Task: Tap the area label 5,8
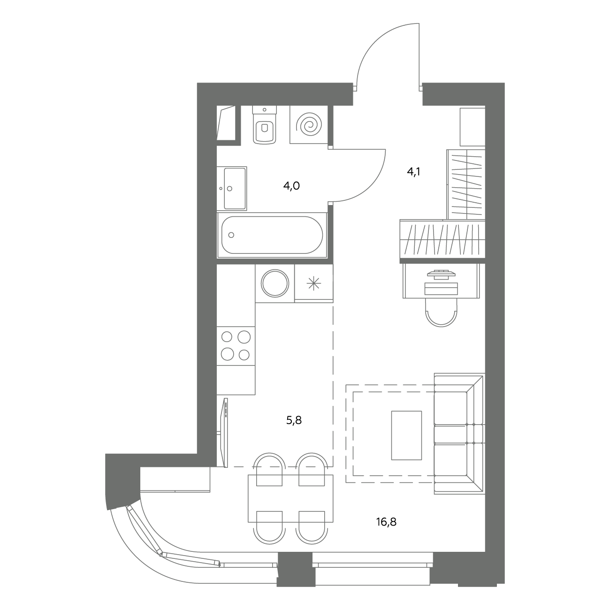[x=294, y=420]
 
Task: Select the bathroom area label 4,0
[x=291, y=186]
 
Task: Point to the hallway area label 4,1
[x=413, y=172]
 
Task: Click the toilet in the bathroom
[x=264, y=125]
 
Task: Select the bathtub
[x=272, y=235]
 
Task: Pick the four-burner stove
[x=236, y=346]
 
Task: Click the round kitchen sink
[x=275, y=283]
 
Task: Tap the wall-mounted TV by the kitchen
[x=226, y=433]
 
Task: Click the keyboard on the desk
[x=441, y=289]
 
